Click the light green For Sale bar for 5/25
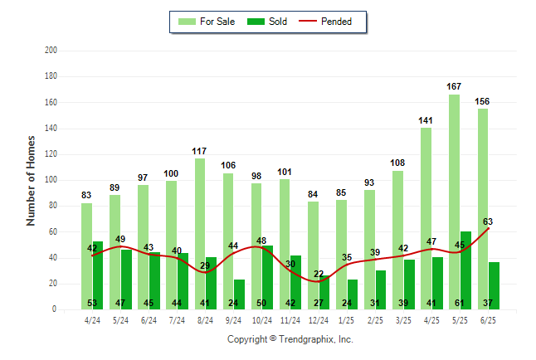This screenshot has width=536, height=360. [455, 202]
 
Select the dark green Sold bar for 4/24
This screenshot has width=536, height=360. [98, 275]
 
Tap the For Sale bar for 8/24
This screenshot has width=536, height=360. [200, 234]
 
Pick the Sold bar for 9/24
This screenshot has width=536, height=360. [239, 294]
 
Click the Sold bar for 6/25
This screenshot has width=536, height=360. [494, 286]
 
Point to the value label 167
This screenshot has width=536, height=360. [454, 86]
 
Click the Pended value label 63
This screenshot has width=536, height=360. [488, 221]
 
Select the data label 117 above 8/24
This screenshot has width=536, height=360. [199, 151]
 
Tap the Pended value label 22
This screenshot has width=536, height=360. [319, 274]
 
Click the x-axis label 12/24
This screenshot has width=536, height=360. [319, 320]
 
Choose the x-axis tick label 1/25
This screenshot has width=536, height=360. [346, 320]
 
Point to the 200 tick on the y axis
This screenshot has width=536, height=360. [51, 51]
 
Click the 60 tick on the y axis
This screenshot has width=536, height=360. [52, 231]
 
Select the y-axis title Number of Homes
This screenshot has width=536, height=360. [31, 181]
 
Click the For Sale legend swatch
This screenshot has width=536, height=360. [187, 22]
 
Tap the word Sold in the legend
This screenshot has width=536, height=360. [278, 22]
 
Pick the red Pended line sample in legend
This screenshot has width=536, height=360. [308, 22]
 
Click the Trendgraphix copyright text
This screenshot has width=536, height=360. [290, 339]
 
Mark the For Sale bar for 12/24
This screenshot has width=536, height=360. [313, 255]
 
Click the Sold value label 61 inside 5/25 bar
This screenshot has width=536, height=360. [460, 303]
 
